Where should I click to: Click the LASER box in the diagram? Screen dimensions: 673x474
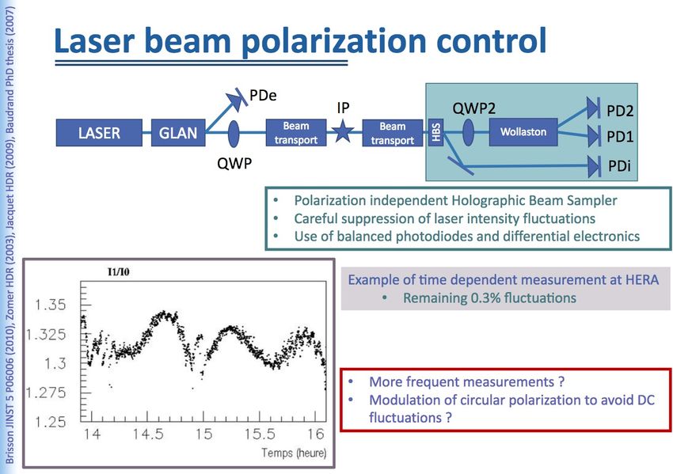click(x=99, y=133)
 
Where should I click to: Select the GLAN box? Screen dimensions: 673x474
click(x=178, y=133)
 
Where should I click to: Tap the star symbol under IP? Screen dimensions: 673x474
click(x=343, y=131)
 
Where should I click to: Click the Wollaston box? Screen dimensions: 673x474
click(x=523, y=131)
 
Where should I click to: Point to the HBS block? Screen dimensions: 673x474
click(x=435, y=133)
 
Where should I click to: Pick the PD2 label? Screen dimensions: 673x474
click(x=620, y=111)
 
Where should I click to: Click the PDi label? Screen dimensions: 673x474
click(x=619, y=166)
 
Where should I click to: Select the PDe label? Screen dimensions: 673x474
click(x=263, y=95)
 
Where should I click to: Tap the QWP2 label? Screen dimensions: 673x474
click(x=473, y=108)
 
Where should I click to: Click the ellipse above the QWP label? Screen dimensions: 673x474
click(x=234, y=134)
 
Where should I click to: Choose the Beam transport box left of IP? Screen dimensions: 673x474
click(x=296, y=133)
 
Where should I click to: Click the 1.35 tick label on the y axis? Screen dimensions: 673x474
click(x=51, y=305)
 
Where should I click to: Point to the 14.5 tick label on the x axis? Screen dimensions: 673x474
click(x=148, y=434)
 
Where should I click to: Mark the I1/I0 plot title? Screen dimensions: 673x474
click(x=118, y=271)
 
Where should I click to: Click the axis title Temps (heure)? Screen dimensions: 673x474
click(x=294, y=453)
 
